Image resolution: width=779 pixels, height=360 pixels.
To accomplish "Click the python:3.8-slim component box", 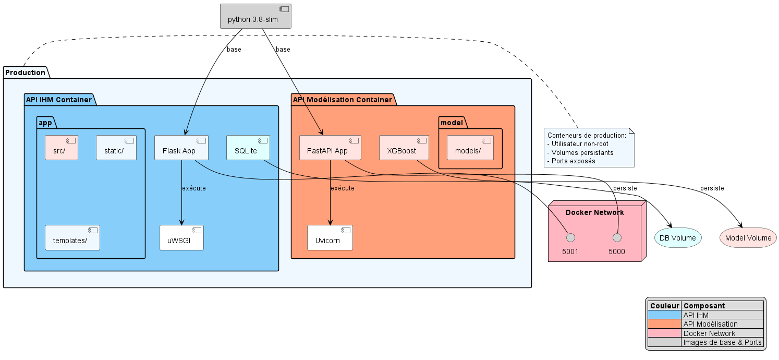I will [x=255, y=16].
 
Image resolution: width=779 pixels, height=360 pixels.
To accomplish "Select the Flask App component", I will [x=181, y=148].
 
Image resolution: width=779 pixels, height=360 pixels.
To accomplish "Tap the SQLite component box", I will [x=249, y=148].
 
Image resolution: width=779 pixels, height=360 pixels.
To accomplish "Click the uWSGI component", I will [x=181, y=238].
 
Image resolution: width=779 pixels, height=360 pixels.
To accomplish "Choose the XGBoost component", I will [x=404, y=148].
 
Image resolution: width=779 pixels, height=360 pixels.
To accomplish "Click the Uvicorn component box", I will [x=330, y=238].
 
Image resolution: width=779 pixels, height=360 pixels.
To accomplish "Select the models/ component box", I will [x=470, y=148].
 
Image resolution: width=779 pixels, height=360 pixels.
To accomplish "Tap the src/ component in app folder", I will [x=62, y=148].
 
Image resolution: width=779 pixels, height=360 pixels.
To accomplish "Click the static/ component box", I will [x=116, y=148].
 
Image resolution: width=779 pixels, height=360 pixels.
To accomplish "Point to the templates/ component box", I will [x=72, y=238].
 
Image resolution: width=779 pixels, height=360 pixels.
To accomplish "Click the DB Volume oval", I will [x=677, y=238].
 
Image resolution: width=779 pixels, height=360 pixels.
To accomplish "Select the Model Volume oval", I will [x=748, y=238].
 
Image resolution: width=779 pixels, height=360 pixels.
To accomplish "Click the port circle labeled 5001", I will [x=570, y=238].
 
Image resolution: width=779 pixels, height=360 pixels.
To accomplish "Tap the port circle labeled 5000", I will [x=617, y=238].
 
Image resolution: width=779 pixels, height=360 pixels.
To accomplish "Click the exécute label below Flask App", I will [x=193, y=188].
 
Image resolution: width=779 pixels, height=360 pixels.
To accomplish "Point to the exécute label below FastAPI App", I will [x=343, y=188].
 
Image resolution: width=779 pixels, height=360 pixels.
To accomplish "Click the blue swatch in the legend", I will [x=664, y=315].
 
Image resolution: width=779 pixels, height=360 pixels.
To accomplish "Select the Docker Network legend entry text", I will [x=709, y=333].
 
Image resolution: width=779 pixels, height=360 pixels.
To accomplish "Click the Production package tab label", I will [x=25, y=73].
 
